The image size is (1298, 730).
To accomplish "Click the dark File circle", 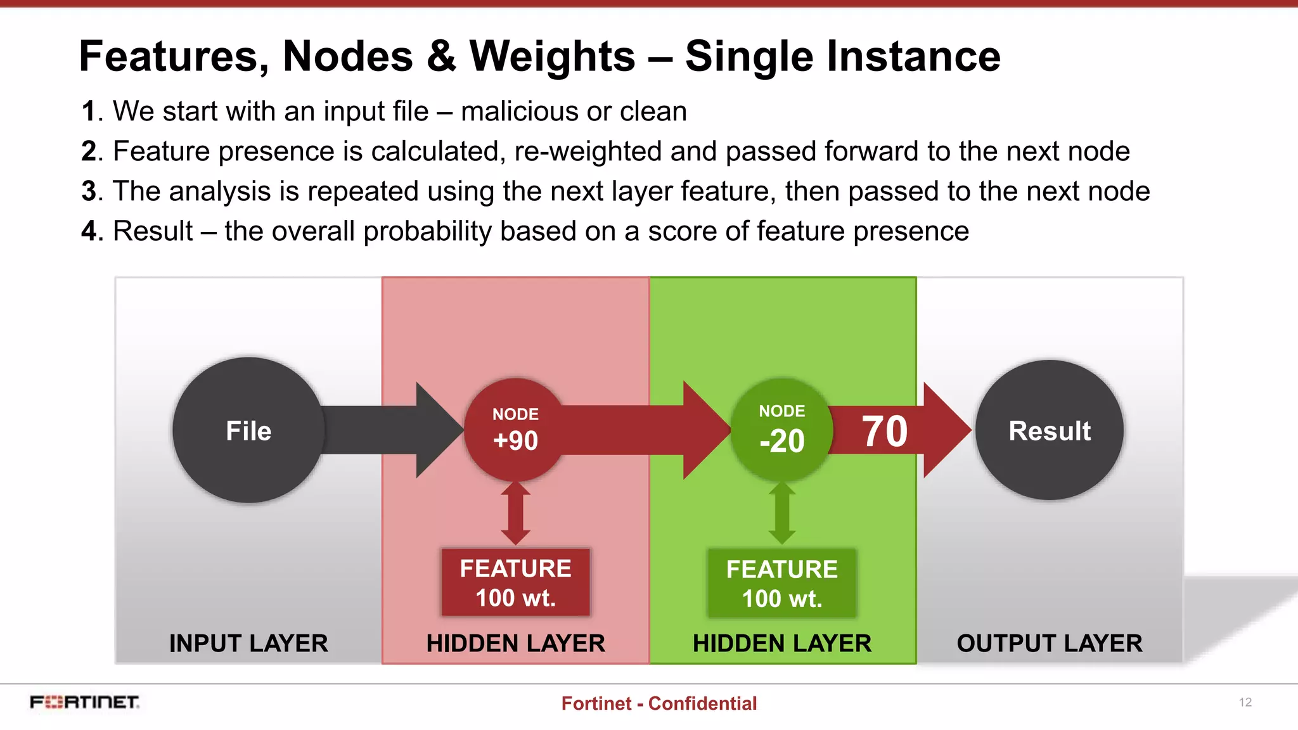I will (x=248, y=430).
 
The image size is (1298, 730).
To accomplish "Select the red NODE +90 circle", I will (x=515, y=430).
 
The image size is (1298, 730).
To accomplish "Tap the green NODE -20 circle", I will (x=781, y=430).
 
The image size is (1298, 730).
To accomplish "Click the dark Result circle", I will (x=1050, y=430).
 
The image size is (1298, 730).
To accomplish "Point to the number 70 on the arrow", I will (x=885, y=432).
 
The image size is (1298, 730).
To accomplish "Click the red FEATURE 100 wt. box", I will (x=515, y=582).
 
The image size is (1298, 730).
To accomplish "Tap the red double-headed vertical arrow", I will (x=515, y=513).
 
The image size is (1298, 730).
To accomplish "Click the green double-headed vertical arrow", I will (x=781, y=513).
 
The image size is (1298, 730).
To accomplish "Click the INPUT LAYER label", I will (x=248, y=643).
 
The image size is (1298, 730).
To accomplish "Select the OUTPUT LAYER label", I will (x=1050, y=643).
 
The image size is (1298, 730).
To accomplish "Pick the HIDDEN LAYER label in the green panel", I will (x=781, y=643).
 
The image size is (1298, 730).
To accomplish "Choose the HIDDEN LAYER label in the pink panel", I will (x=515, y=643).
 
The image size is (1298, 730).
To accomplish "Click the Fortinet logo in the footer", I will (x=84, y=702).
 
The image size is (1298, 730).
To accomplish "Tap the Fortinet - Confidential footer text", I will (x=659, y=703).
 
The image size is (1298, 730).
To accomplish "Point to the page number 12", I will (x=1245, y=702).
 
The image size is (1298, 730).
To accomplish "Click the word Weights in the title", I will (x=552, y=56).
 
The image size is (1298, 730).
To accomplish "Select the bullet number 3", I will (x=89, y=191).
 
